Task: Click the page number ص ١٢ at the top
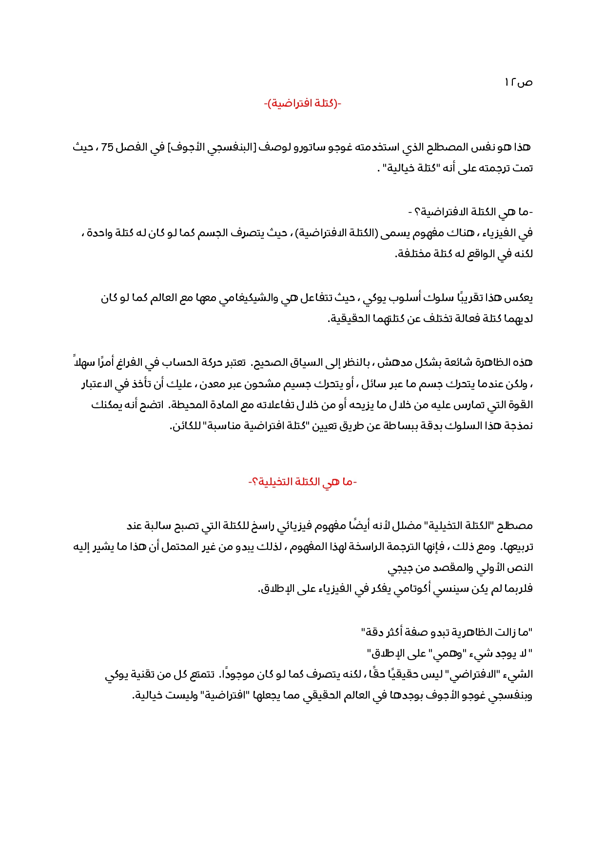(518, 82)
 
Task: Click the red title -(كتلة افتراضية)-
(302, 104)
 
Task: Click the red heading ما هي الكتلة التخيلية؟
(302, 482)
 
